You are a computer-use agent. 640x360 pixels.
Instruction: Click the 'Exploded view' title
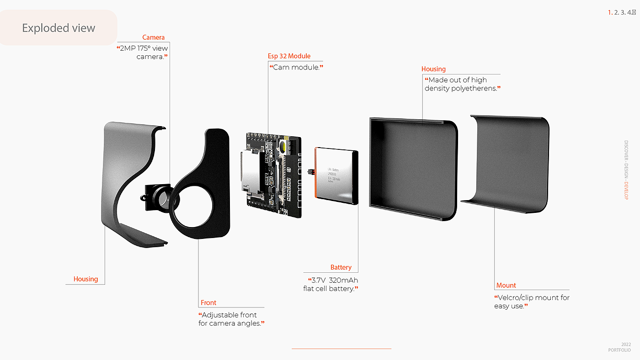pos(59,28)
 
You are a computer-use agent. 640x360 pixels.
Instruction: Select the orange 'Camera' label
pos(153,37)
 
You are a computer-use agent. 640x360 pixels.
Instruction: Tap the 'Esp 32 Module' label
pos(289,56)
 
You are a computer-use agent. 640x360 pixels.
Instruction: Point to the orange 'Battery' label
pos(341,267)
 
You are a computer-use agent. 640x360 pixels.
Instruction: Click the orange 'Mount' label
pos(506,286)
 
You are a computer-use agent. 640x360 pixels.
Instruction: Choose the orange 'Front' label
pos(208,303)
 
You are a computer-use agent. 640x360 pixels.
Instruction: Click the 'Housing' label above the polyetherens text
pos(433,69)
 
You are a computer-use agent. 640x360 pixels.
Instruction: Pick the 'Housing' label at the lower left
pos(85,279)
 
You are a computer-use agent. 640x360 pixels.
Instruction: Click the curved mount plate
pos(507,162)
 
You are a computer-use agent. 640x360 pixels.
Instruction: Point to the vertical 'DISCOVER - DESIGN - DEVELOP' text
pos(626,169)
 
